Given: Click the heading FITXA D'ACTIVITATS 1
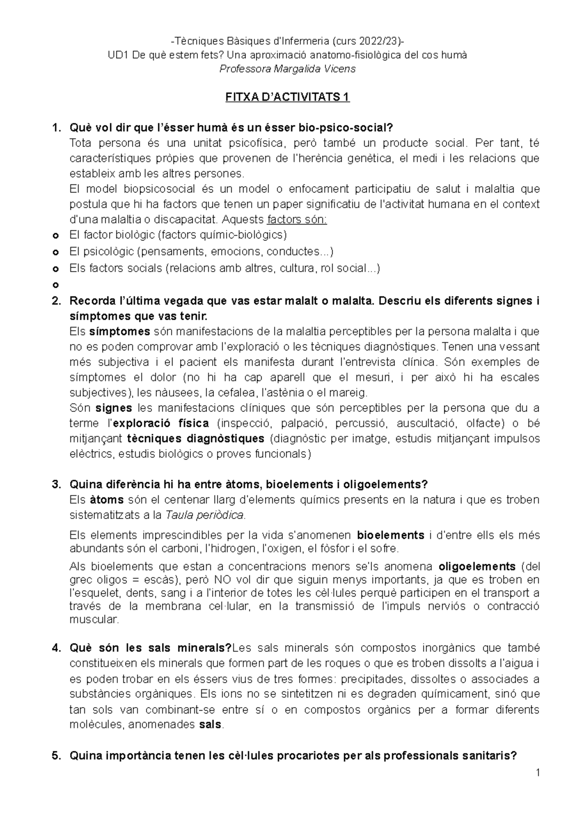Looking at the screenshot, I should click(287, 98).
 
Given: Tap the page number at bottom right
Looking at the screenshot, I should click(539, 773).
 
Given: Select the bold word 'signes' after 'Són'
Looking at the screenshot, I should click(114, 408).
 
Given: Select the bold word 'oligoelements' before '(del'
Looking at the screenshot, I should click(477, 567).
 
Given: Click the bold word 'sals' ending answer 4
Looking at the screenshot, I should click(209, 724).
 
